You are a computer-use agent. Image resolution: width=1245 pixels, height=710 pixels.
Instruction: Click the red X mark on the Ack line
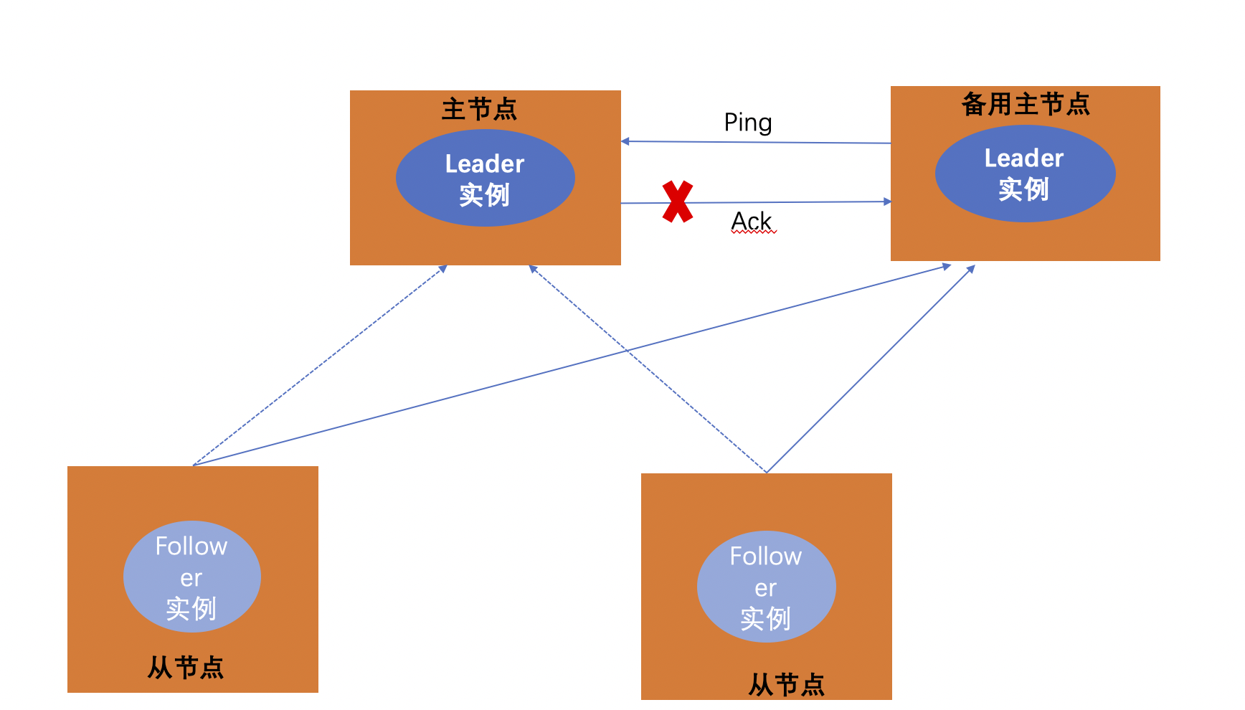pyautogui.click(x=678, y=202)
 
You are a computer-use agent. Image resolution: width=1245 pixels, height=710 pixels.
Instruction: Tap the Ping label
pyautogui.click(x=748, y=123)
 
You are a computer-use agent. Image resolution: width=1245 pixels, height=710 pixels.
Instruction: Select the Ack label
pyautogui.click(x=752, y=221)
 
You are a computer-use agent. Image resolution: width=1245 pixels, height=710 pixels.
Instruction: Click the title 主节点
pyautogui.click(x=479, y=109)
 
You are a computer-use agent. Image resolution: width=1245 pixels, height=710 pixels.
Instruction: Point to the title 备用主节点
pyautogui.click(x=1026, y=105)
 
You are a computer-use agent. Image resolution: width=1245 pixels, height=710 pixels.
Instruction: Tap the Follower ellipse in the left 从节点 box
pyautogui.click(x=191, y=577)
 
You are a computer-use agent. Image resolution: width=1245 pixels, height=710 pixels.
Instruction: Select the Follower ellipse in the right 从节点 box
pyautogui.click(x=766, y=587)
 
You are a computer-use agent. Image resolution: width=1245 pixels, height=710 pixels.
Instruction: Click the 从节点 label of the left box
pyautogui.click(x=186, y=668)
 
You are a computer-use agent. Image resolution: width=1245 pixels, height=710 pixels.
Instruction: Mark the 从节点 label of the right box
pyautogui.click(x=787, y=685)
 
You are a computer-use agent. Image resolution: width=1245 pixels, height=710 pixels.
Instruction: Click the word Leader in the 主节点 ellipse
pyautogui.click(x=485, y=164)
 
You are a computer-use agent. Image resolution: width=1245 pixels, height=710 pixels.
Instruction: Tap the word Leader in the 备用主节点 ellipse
pyautogui.click(x=1024, y=158)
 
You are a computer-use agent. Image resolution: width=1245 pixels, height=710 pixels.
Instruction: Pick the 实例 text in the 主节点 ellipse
pyautogui.click(x=485, y=195)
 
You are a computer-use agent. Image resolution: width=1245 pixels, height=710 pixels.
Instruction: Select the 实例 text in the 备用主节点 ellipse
pyautogui.click(x=1024, y=189)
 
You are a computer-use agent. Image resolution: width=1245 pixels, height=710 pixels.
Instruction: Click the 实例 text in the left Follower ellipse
pyautogui.click(x=191, y=609)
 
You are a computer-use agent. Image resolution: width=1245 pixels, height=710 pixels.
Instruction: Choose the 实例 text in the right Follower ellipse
pyautogui.click(x=766, y=619)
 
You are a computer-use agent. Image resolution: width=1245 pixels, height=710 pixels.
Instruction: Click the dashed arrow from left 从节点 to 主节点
pyautogui.click(x=319, y=366)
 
